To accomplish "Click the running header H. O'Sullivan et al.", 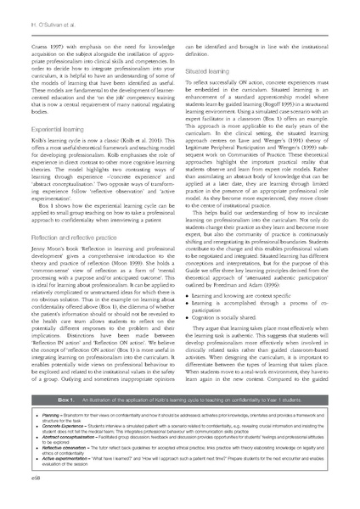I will coord(34,11).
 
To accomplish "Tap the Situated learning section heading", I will coord(211,73).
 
